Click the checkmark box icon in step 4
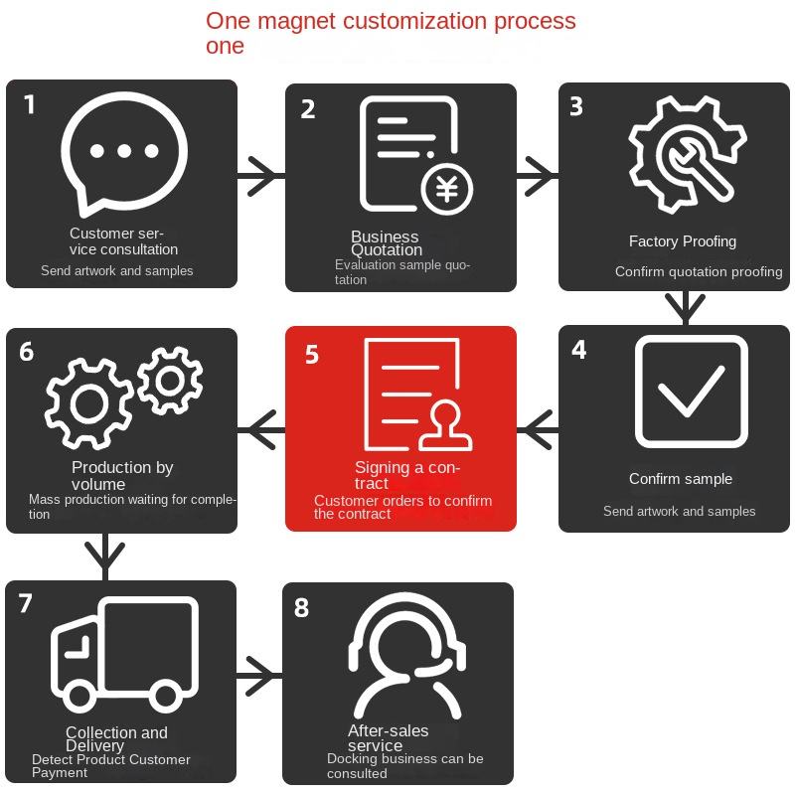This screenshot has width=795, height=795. pos(691,392)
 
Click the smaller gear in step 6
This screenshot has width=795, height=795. pos(170,379)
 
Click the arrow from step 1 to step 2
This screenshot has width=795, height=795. pos(261,176)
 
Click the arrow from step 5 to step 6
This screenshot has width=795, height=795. pos(262,428)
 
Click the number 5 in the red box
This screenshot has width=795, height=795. pos(312,354)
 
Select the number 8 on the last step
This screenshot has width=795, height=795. pos(302,607)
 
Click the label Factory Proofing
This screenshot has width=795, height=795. pos(683,241)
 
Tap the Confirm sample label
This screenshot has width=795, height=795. pos(681,479)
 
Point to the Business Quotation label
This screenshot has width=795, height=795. pos(386,243)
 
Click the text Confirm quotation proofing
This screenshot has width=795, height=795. pos(699,271)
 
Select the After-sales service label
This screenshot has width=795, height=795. pos(388,738)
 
